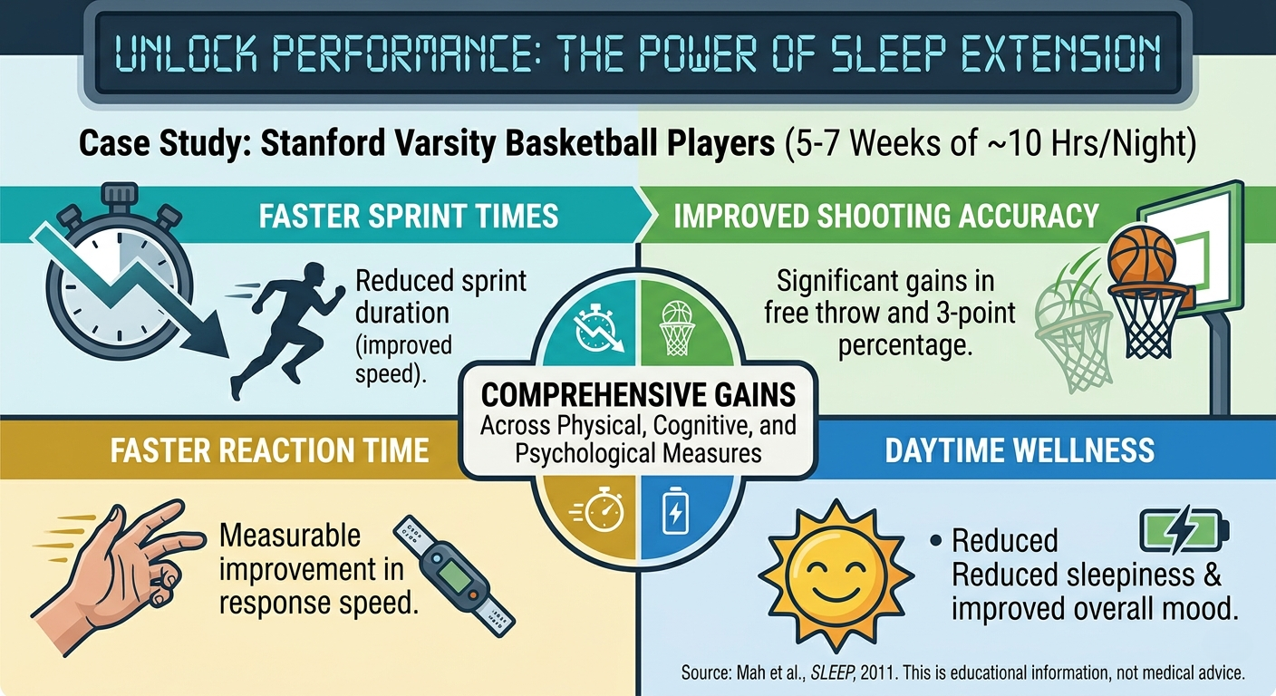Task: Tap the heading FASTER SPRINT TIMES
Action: pyautogui.click(x=409, y=216)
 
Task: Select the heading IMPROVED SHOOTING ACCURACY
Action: pyautogui.click(x=885, y=216)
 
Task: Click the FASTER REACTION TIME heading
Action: pyautogui.click(x=269, y=450)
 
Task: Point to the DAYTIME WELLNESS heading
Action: pyautogui.click(x=1020, y=450)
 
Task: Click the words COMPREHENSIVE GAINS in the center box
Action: pyautogui.click(x=638, y=395)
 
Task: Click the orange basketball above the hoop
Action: pyautogui.click(x=1142, y=256)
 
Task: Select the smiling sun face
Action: pyautogui.click(x=836, y=575)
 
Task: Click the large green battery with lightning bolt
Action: pyautogui.click(x=1184, y=530)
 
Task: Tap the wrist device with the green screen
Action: pyautogui.click(x=454, y=575)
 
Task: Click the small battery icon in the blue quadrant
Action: pyautogui.click(x=675, y=510)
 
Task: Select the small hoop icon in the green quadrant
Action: pyautogui.click(x=677, y=329)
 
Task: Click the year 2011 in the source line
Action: pyautogui.click(x=878, y=672)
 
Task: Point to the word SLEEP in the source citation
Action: pyautogui.click(x=833, y=672)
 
